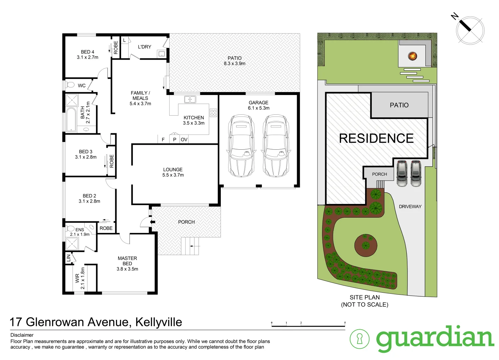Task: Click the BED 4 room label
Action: tap(88, 52)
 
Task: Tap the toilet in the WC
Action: tap(70, 85)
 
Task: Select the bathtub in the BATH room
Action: tap(71, 119)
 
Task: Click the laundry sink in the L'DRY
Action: tap(162, 54)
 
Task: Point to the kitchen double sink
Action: tap(190, 99)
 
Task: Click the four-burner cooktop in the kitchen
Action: tap(213, 113)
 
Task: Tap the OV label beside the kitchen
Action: tap(184, 140)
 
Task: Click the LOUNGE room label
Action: tap(173, 169)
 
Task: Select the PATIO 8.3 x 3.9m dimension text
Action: tap(235, 63)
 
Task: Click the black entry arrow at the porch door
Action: tap(153, 222)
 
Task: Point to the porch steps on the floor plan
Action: tap(190, 246)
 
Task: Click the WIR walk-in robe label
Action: tap(77, 278)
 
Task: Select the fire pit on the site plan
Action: tap(412, 56)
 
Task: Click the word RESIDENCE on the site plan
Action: tap(376, 138)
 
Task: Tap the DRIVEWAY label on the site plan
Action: tap(410, 207)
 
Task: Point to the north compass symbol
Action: tap(470, 30)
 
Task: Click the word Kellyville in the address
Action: tap(159, 322)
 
